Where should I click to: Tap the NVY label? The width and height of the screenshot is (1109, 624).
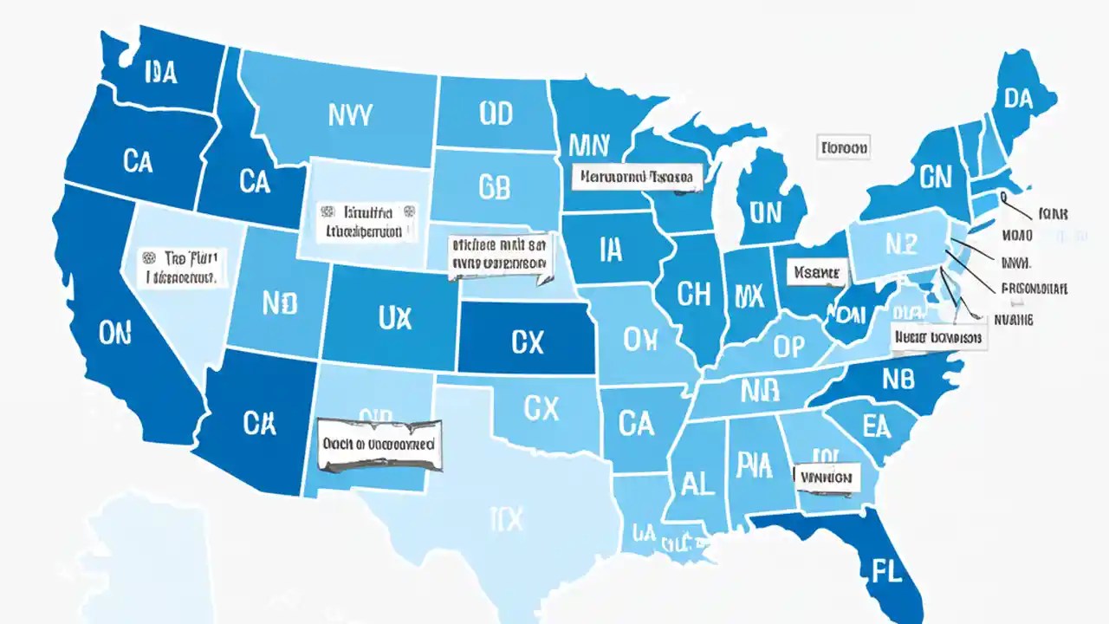[x=351, y=114]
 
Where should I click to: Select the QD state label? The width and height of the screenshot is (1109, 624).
[x=495, y=113]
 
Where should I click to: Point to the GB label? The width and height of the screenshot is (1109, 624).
[x=494, y=188]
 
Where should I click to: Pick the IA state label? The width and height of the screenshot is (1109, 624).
[x=610, y=250]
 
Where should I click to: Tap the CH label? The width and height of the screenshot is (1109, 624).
[x=694, y=295]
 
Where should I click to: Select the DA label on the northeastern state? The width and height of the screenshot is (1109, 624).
[x=1018, y=99]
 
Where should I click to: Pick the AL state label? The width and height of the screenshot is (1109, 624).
[x=698, y=482]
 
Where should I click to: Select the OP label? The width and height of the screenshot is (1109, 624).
[x=788, y=347]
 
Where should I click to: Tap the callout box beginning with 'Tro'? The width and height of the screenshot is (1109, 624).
[x=182, y=268]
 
